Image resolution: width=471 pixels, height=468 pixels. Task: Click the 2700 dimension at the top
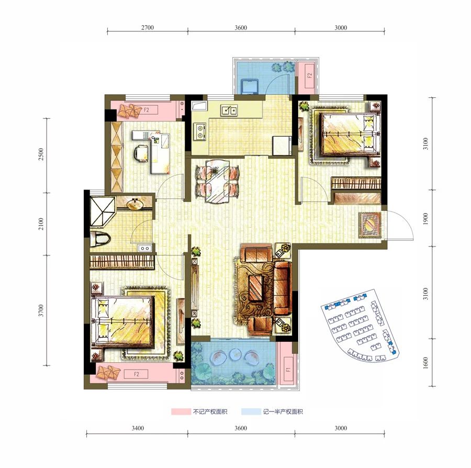[148, 28]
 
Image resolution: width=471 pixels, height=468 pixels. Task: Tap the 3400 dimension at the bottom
[138, 428]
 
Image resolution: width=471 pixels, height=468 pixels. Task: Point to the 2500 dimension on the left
[41, 154]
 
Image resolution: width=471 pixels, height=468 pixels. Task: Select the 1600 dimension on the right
[425, 363]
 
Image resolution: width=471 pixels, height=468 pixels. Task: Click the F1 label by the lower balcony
[288, 369]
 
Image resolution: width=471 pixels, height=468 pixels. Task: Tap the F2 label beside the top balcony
[310, 75]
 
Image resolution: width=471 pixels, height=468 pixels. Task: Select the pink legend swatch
[181, 411]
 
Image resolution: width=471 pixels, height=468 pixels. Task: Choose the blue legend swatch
[251, 411]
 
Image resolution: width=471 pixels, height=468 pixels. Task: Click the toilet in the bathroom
[100, 239]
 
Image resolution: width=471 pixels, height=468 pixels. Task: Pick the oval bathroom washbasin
[135, 205]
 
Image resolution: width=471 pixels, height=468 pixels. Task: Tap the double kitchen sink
[229, 110]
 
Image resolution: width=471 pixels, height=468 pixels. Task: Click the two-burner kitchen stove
[200, 131]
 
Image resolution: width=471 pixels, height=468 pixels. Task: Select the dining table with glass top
[218, 182]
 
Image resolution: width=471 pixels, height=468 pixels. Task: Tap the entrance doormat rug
[370, 225]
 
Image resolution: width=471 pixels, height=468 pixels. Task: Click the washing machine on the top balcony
[250, 86]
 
